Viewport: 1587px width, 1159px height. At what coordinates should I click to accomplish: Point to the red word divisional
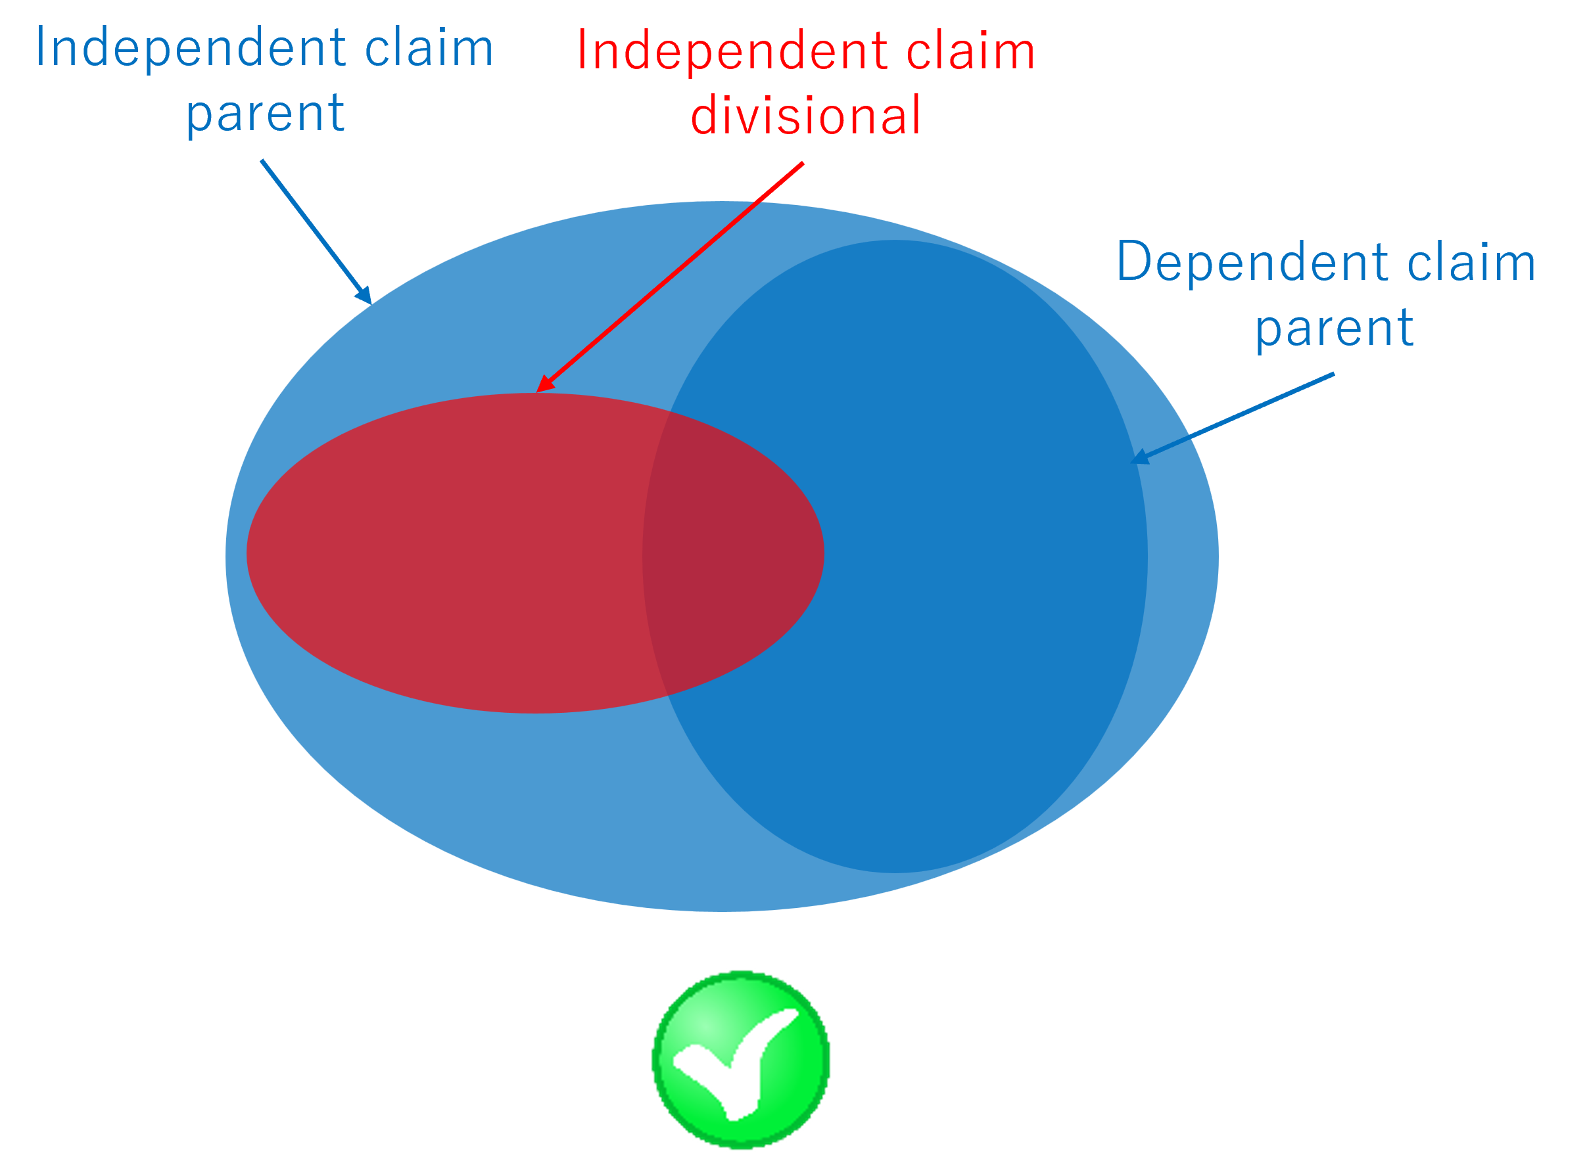[805, 116]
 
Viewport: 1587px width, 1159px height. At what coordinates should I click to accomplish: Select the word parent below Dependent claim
[1334, 328]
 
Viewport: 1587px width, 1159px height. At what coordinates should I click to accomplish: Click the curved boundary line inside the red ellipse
[644, 555]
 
